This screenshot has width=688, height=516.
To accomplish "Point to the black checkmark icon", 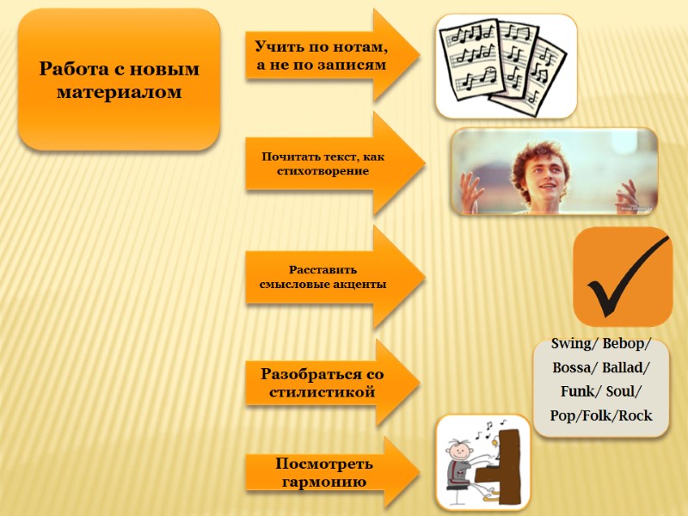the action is [623, 277].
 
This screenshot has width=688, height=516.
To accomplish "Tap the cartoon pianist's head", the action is [458, 452].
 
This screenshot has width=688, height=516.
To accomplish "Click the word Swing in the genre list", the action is [570, 344].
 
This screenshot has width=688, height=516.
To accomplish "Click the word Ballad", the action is [627, 368].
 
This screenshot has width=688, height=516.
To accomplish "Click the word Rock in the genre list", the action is [636, 416].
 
